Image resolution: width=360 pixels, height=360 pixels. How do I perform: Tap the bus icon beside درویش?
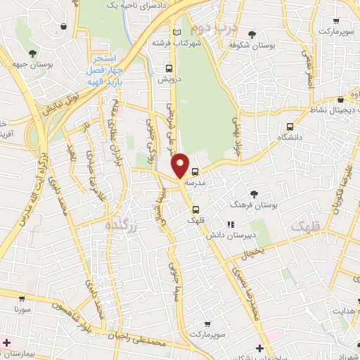click(168, 69)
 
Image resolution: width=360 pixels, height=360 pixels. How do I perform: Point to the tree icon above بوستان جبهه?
click(32, 54)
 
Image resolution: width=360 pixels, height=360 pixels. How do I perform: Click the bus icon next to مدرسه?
click(195, 171)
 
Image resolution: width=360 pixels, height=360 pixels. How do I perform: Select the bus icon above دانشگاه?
click(289, 127)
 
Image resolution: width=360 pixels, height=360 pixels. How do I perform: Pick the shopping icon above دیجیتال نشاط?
click(340, 99)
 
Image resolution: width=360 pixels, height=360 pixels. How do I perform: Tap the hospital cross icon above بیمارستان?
click(7, 342)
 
